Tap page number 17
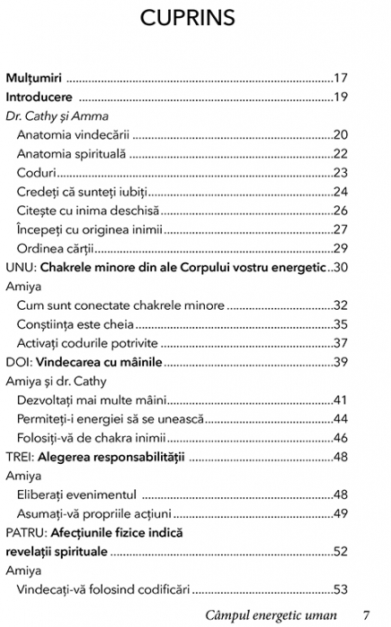[340, 78]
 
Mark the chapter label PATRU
[27, 532]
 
